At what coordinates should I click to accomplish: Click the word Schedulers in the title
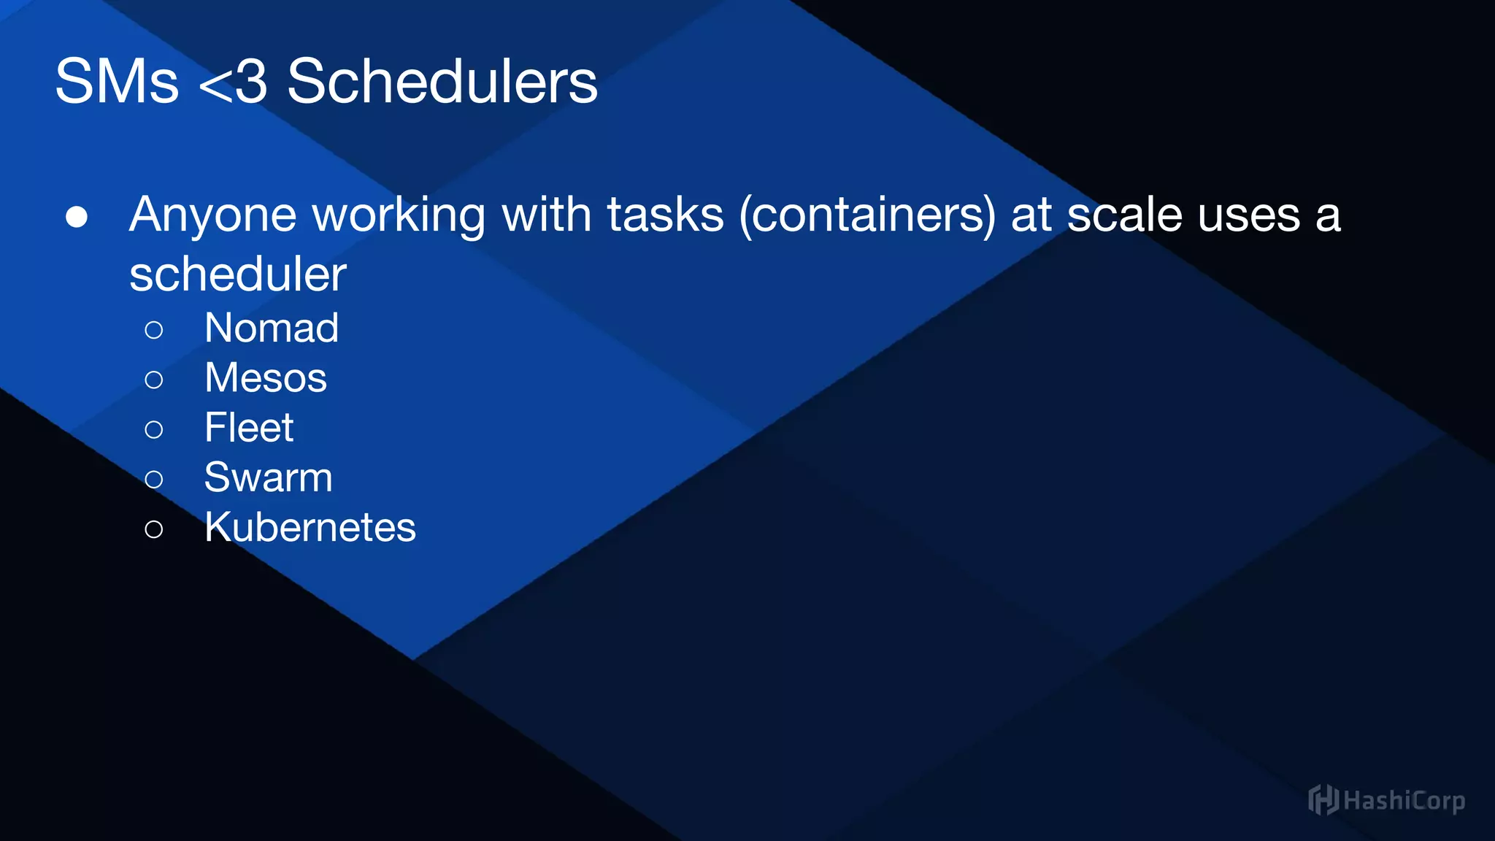pyautogui.click(x=442, y=81)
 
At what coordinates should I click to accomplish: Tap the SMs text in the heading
pyautogui.click(x=117, y=81)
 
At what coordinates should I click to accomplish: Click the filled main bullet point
pyautogui.click(x=77, y=217)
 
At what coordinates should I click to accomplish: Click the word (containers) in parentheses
pyautogui.click(x=867, y=215)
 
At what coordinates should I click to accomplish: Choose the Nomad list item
pyautogui.click(x=272, y=328)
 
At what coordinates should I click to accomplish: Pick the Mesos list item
pyautogui.click(x=266, y=378)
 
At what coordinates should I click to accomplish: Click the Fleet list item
pyautogui.click(x=249, y=428)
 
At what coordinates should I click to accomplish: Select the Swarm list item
pyautogui.click(x=268, y=477)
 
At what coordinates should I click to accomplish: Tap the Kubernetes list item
pyautogui.click(x=310, y=527)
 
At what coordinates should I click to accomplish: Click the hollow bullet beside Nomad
pyautogui.click(x=154, y=330)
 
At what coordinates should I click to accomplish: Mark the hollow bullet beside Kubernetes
pyautogui.click(x=154, y=529)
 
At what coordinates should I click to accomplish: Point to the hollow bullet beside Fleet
pyautogui.click(x=154, y=430)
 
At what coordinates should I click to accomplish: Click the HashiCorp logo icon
pyautogui.click(x=1323, y=800)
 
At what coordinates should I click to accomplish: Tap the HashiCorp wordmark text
pyautogui.click(x=1404, y=802)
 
